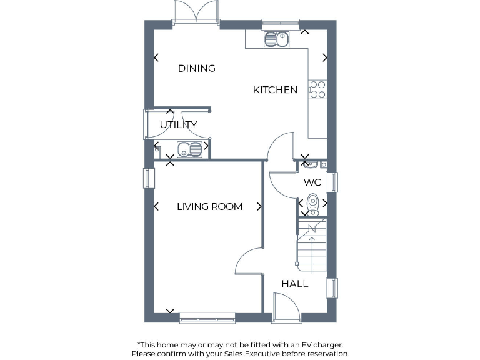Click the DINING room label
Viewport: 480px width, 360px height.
(x=196, y=68)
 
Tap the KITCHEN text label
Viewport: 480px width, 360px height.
(x=275, y=90)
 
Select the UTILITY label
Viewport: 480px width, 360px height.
(x=178, y=124)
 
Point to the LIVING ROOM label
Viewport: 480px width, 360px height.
(x=209, y=206)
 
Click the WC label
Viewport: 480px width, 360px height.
(x=312, y=182)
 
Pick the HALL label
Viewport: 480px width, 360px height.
(x=294, y=284)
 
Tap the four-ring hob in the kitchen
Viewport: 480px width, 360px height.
(x=317, y=89)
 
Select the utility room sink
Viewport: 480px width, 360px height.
(x=189, y=149)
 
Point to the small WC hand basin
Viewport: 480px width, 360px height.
(x=312, y=165)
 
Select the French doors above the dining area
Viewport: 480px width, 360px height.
(x=196, y=12)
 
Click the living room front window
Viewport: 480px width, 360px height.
(x=207, y=318)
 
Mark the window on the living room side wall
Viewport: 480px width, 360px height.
(x=149, y=178)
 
